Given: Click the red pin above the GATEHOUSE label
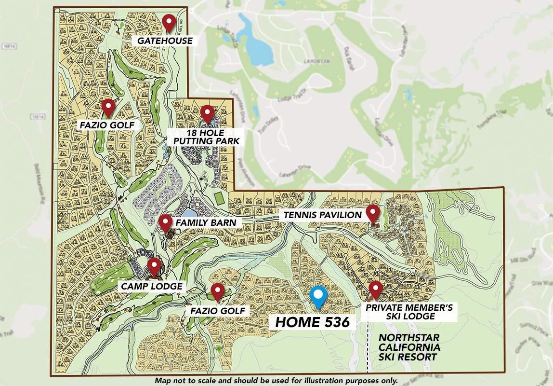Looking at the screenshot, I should point(168,22).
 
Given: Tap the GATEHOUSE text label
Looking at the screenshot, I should point(165,41).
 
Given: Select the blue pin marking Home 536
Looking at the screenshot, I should point(318,296).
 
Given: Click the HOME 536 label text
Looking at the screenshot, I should point(312,322).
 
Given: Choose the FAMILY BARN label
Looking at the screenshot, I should point(206,222).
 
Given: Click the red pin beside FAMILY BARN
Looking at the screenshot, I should point(166,222).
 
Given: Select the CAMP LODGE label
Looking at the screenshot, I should point(151,286).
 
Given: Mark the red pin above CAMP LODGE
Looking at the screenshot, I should point(154,266).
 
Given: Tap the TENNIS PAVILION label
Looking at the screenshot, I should point(320,214).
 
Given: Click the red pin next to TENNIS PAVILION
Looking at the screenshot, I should point(372,212).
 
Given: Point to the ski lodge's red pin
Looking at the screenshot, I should point(375,289).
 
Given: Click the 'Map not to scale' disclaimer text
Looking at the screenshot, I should point(276,380).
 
